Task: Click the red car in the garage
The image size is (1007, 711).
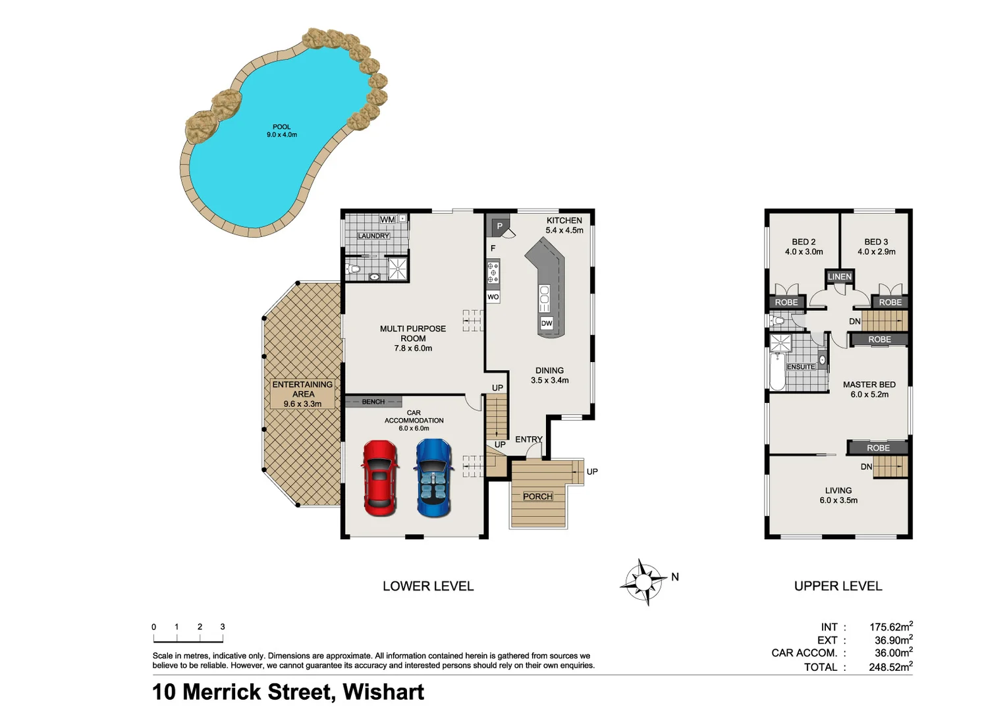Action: pyautogui.click(x=380, y=478)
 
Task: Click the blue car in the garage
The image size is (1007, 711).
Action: pyautogui.click(x=434, y=478)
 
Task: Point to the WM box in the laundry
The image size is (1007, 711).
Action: pyautogui.click(x=388, y=219)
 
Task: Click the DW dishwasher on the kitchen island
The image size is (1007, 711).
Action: pyautogui.click(x=547, y=323)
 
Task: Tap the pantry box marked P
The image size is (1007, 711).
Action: pyautogui.click(x=499, y=226)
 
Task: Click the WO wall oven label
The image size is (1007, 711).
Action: pyautogui.click(x=493, y=297)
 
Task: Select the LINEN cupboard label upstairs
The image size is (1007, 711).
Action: pyautogui.click(x=839, y=276)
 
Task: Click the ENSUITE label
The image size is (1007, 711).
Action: pyautogui.click(x=800, y=367)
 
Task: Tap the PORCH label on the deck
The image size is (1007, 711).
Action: pyautogui.click(x=537, y=496)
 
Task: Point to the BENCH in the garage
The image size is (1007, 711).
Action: pyautogui.click(x=373, y=402)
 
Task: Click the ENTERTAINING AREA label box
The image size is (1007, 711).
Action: pyautogui.click(x=302, y=394)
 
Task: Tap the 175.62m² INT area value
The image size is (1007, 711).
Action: pyautogui.click(x=890, y=627)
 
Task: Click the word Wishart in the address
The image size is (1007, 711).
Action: pyautogui.click(x=383, y=692)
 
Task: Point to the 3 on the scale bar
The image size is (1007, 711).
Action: pyautogui.click(x=223, y=627)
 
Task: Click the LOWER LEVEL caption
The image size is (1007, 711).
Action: pyautogui.click(x=428, y=586)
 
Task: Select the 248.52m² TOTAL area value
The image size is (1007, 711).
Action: pyautogui.click(x=890, y=667)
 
